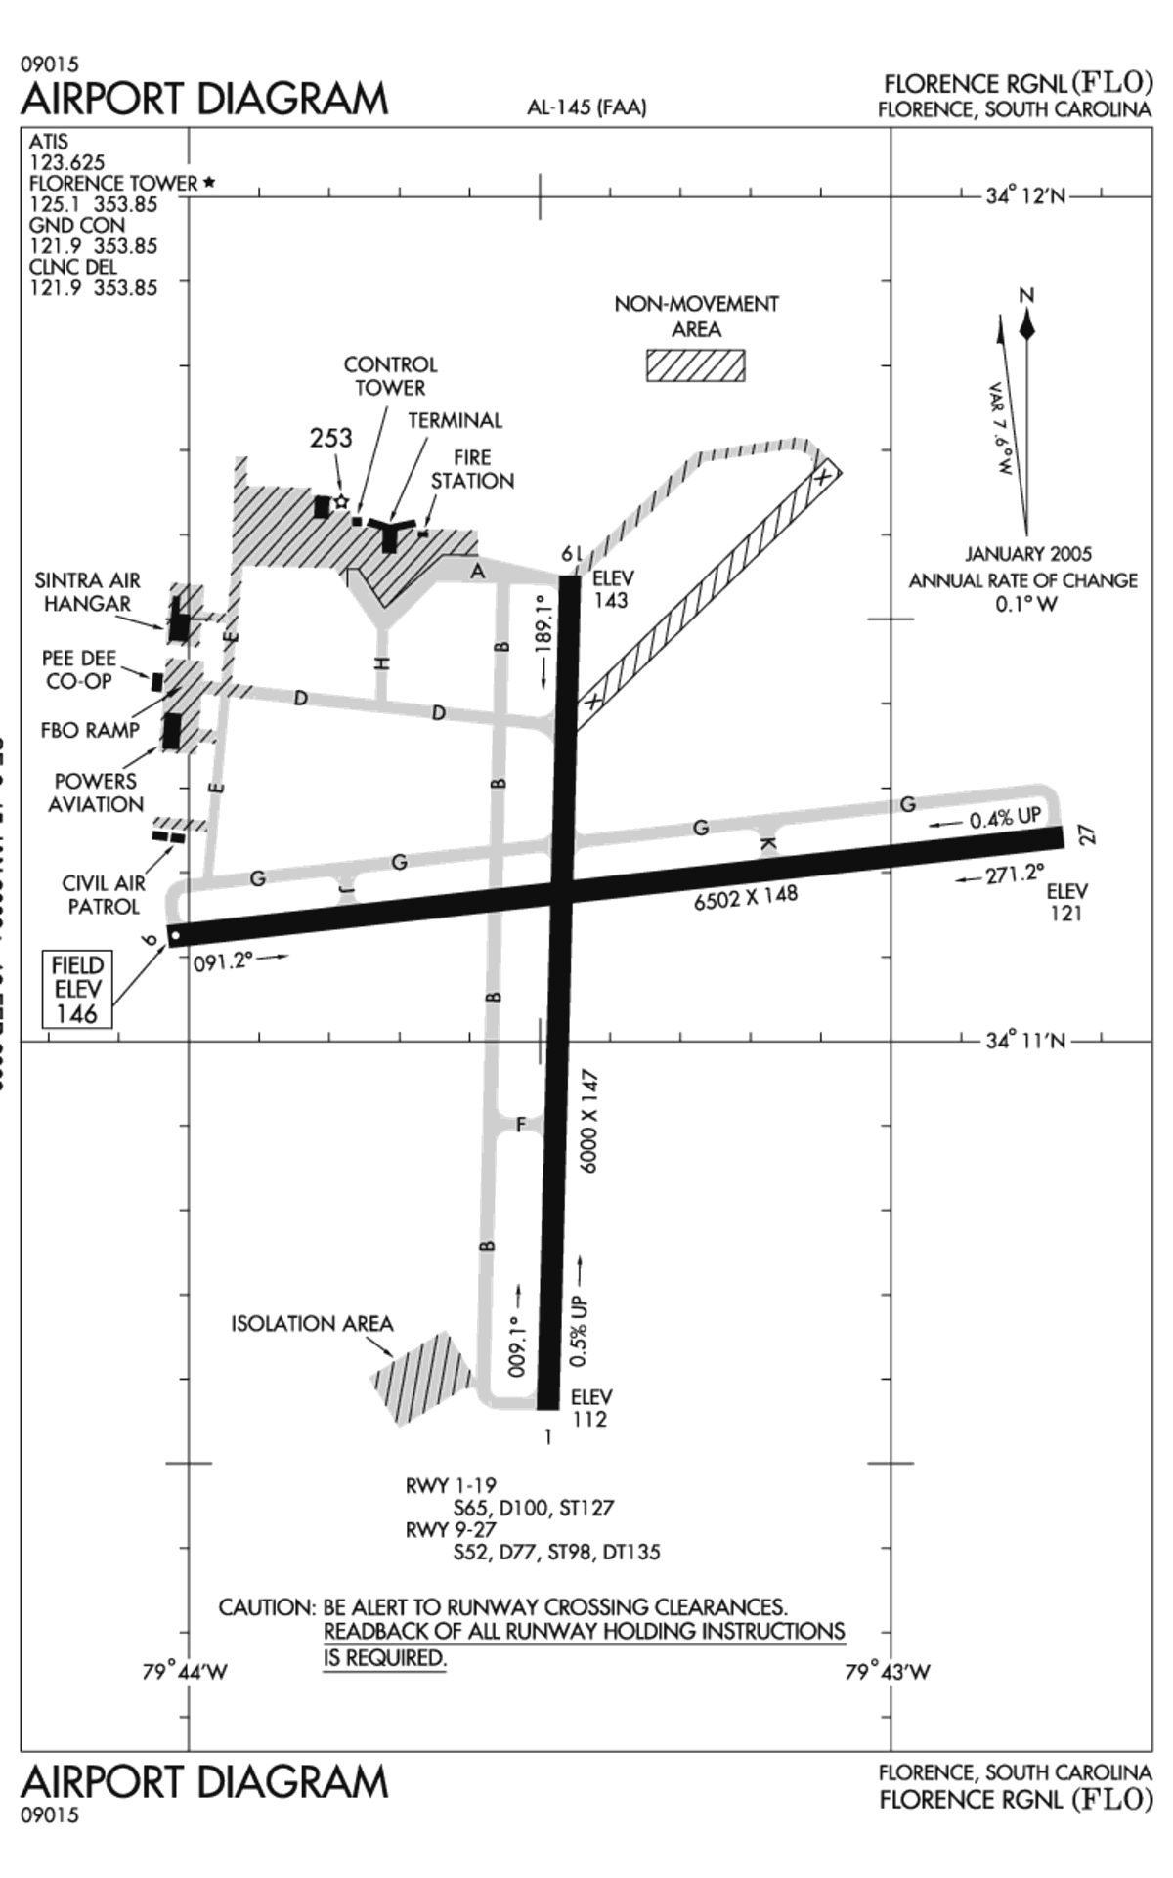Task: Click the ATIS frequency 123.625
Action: (x=66, y=162)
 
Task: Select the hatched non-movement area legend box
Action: (x=695, y=365)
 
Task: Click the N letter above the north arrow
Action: (x=1025, y=295)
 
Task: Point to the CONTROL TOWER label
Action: (x=390, y=376)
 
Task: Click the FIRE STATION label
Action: (x=472, y=469)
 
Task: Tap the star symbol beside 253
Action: (x=341, y=501)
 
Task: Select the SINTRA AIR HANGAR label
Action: (x=87, y=592)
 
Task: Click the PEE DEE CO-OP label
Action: (x=78, y=669)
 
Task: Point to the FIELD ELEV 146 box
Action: (x=77, y=989)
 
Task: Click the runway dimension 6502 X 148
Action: (x=745, y=897)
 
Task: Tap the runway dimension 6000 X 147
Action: (x=589, y=1121)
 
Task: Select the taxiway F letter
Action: (x=521, y=1125)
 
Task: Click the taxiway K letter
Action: (x=768, y=843)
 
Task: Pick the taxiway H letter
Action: (x=382, y=662)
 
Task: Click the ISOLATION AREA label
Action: (x=312, y=1324)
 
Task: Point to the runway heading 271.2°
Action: (x=1014, y=875)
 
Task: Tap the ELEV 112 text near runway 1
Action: (x=590, y=1408)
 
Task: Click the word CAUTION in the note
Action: (x=266, y=1607)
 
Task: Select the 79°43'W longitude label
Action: (x=887, y=1672)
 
